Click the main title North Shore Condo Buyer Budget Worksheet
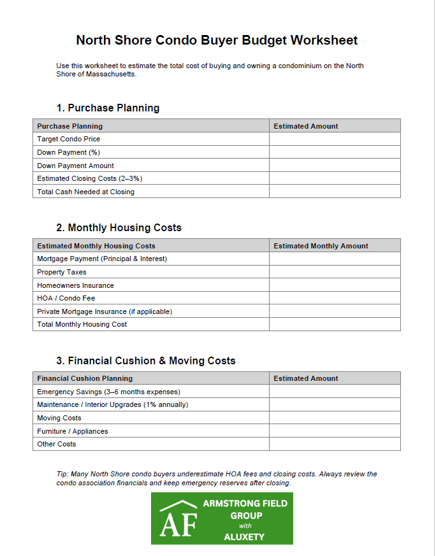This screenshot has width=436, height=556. point(217,40)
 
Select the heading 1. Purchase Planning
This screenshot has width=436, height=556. point(108,108)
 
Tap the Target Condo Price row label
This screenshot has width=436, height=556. point(69,139)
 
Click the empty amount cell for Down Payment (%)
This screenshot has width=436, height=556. point(335,152)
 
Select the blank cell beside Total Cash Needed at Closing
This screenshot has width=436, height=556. point(335,192)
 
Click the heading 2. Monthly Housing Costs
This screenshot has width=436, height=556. point(119,227)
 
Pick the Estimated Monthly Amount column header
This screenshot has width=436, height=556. point(321,246)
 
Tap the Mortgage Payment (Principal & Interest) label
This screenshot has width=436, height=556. point(102,259)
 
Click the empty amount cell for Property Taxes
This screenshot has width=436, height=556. point(335,272)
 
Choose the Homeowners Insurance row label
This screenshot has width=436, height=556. point(76,285)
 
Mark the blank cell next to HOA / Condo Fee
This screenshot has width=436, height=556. point(335,298)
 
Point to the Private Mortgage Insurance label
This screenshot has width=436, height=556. point(105,311)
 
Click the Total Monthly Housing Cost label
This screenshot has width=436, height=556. point(82,324)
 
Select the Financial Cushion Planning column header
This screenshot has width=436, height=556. point(85,378)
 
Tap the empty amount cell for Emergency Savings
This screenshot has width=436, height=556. point(335,392)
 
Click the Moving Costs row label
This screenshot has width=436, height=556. point(59,418)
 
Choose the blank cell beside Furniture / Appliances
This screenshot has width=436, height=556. point(335,431)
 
